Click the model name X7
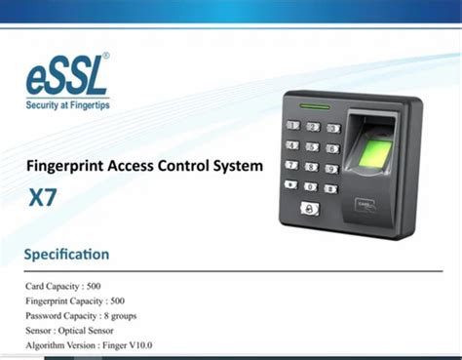42,195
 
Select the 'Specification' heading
67,255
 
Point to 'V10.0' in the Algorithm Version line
136,345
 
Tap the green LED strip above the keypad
316,107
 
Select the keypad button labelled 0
310,185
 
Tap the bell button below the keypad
309,207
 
